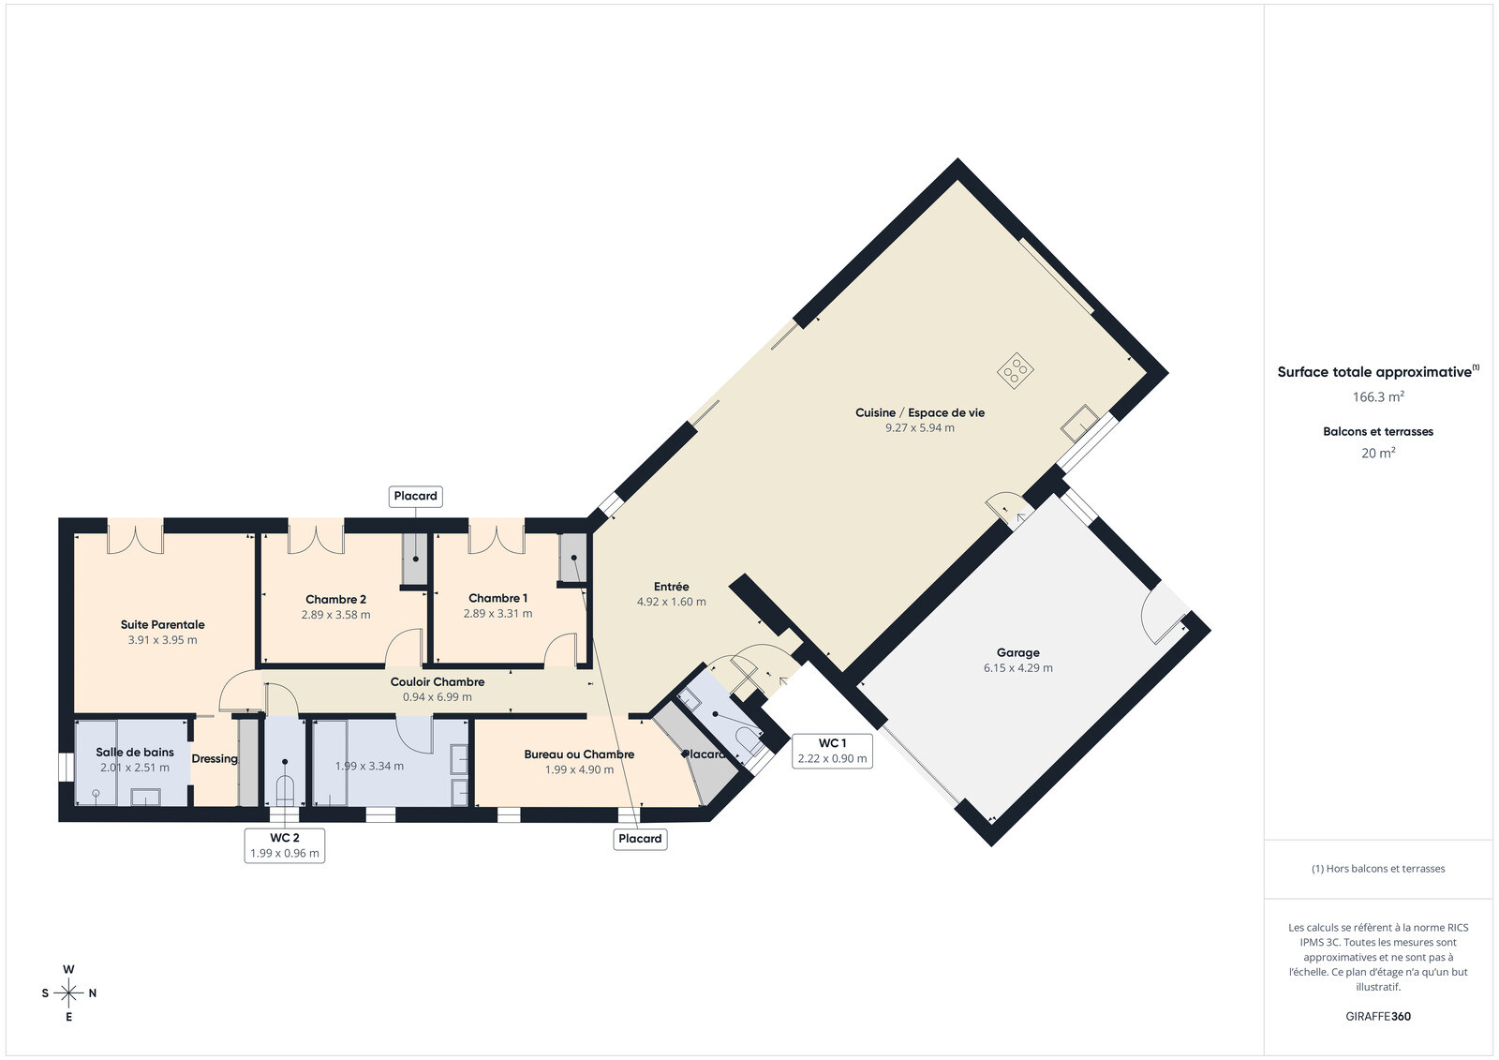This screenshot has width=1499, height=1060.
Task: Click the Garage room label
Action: pos(1017,652)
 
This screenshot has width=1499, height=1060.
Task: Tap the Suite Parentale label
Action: pos(163,625)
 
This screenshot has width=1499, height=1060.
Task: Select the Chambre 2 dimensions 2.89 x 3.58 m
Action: pos(336,615)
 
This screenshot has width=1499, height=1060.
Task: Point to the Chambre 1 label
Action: pos(497,598)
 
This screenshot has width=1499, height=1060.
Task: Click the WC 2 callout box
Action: pos(285,845)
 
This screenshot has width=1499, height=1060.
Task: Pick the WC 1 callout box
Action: pos(833,751)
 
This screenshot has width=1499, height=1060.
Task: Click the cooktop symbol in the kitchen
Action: pos(1016,370)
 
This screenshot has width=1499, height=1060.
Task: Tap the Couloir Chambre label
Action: pos(438,681)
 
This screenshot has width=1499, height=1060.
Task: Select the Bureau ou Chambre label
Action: pos(580,754)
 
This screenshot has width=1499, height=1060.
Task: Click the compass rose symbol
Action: pos(69,993)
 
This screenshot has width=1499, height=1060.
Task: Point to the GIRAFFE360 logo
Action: pos(1378,1016)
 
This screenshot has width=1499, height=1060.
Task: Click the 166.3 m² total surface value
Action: pos(1378,396)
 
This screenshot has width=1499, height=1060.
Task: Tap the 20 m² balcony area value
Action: pos(1378,453)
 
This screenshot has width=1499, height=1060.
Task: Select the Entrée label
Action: pos(671,586)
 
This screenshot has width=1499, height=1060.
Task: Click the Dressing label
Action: pos(215,758)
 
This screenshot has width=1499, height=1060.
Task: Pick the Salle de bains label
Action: pos(135,752)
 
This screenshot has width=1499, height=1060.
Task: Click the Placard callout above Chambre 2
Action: pos(416,496)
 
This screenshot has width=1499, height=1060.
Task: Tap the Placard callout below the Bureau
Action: pos(641,839)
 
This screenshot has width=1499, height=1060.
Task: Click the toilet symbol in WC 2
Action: pos(285,790)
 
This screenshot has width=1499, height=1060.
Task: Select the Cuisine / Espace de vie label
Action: pos(920,412)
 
